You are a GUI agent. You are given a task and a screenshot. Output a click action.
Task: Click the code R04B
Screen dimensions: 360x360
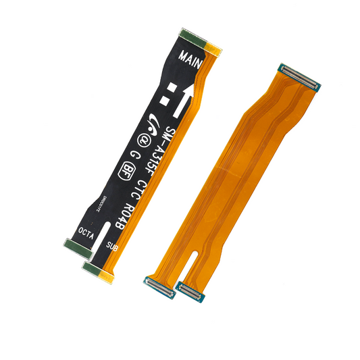click(125, 215)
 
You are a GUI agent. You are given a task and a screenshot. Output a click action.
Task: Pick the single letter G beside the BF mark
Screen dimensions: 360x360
click(137, 155)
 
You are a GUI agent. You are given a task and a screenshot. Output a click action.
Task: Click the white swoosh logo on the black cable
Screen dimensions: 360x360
click(153, 124)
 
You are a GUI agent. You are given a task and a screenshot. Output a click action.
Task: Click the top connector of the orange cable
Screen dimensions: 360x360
click(299, 76)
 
